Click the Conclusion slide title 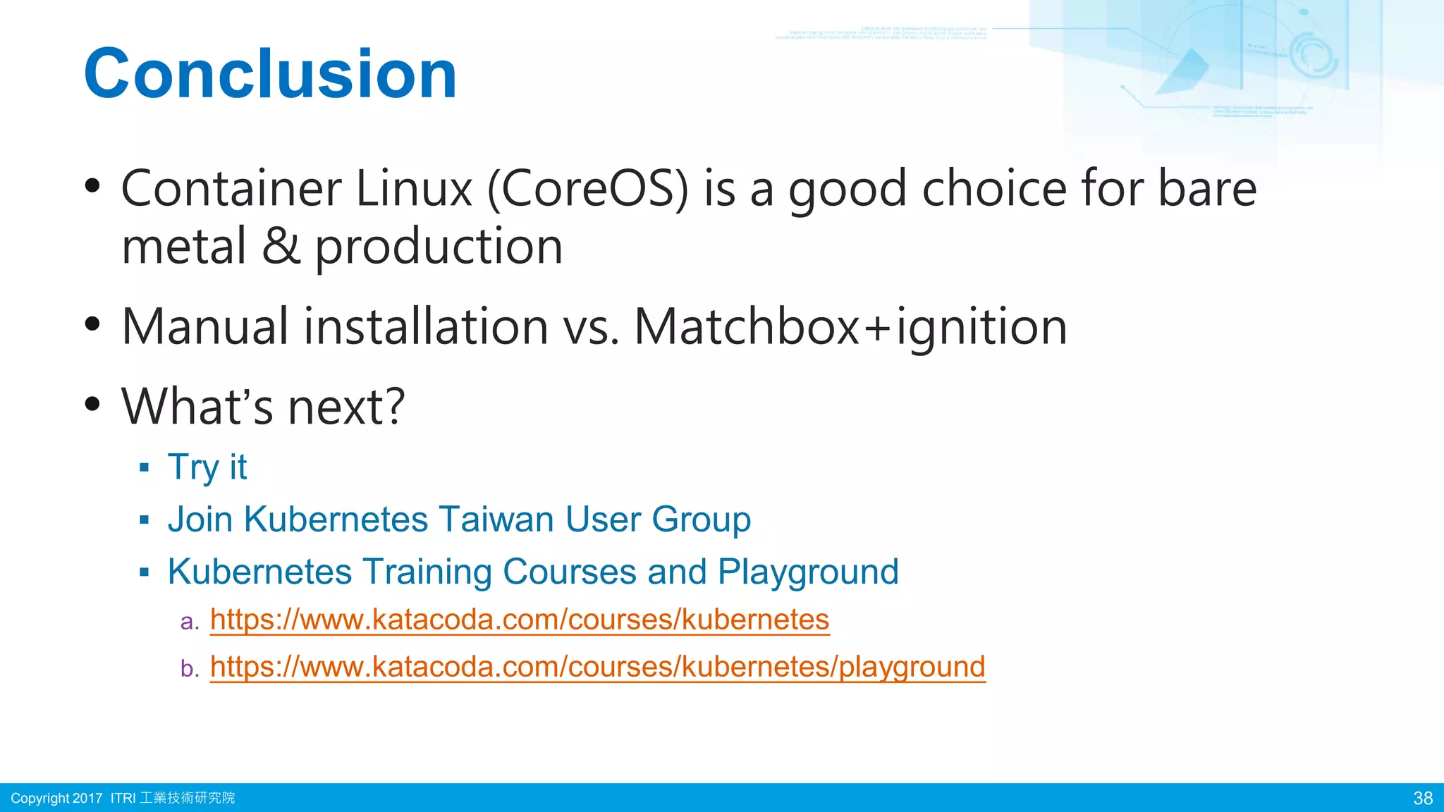coord(271,74)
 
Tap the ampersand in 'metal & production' coord(281,247)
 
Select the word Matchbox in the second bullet coord(747,327)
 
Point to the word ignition coord(981,328)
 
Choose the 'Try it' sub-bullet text coord(207,467)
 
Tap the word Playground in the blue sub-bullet coord(808,572)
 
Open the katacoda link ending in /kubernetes coord(519,620)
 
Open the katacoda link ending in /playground coord(597,667)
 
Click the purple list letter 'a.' coord(190,622)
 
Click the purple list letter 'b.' coord(190,668)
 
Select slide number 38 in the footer coord(1423,798)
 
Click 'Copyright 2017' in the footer coord(56,798)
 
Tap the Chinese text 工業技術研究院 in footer coord(188,798)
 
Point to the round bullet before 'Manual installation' coord(92,324)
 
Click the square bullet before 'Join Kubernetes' coord(145,521)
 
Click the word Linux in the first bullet coord(414,189)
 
